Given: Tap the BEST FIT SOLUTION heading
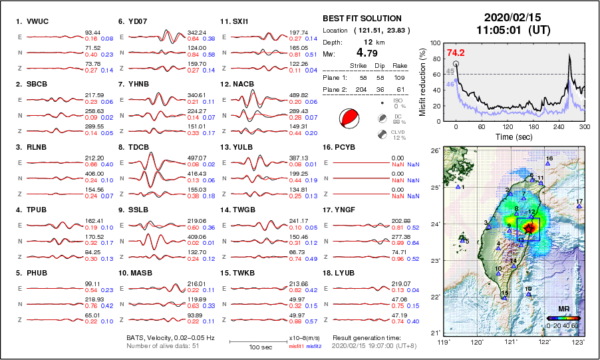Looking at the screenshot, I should pos(362,19).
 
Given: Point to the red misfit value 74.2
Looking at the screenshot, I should pos(456,53).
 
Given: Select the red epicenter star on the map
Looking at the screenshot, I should pos(529,228).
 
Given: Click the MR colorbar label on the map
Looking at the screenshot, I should pos(563,309).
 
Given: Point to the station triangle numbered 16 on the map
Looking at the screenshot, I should pos(547,164).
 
